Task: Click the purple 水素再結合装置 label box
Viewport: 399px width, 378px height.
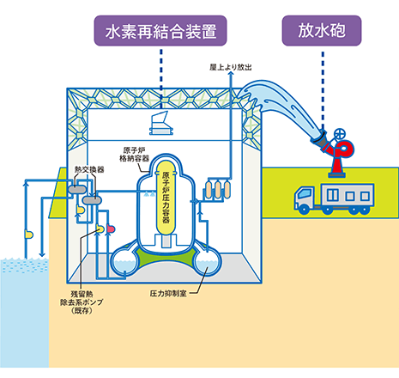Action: pyautogui.click(x=160, y=31)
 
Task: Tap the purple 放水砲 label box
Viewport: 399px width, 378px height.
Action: pyautogui.click(x=322, y=31)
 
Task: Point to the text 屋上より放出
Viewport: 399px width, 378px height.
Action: pyautogui.click(x=231, y=67)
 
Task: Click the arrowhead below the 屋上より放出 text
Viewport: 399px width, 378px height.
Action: pyautogui.click(x=231, y=74)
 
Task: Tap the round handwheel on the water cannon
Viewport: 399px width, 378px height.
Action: pyautogui.click(x=340, y=135)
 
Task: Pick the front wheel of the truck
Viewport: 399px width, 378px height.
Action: pyautogui.click(x=304, y=210)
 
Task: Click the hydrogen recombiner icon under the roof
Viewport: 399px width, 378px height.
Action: pyautogui.click(x=161, y=123)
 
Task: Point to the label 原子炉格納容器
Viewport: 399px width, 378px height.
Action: pyautogui.click(x=135, y=155)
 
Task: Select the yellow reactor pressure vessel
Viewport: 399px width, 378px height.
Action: pyautogui.click(x=166, y=198)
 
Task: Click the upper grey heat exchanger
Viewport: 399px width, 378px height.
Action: pyautogui.click(x=77, y=189)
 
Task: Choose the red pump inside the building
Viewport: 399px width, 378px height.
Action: pyautogui.click(x=111, y=229)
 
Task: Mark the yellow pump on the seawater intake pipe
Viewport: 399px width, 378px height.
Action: pyautogui.click(x=28, y=235)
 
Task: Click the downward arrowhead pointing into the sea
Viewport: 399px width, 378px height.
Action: pyautogui.click(x=42, y=254)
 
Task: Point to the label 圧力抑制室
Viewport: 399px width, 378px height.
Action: pyautogui.click(x=168, y=294)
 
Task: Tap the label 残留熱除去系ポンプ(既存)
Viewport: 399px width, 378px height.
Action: pyautogui.click(x=82, y=302)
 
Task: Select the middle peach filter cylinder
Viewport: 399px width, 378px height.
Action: pyautogui.click(x=218, y=190)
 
